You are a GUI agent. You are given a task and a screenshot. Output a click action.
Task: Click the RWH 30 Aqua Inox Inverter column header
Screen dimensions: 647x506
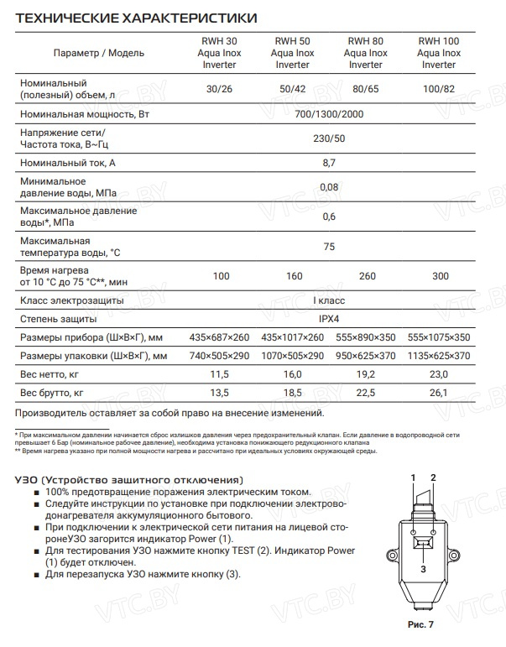[221, 52]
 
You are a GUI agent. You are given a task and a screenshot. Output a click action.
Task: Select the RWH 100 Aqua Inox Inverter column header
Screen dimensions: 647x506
[439, 52]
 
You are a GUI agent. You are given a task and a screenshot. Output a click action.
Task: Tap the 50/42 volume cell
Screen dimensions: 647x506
[292, 90]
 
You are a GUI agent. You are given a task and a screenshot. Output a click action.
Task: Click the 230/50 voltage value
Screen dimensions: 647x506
[330, 139]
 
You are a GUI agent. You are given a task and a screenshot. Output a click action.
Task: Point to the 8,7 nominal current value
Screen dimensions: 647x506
[330, 164]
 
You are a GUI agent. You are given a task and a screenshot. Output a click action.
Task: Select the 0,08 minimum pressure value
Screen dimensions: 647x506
[330, 187]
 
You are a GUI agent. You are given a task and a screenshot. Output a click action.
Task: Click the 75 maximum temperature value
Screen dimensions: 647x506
[330, 247]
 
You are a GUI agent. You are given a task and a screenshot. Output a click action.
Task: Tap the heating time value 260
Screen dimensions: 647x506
[365, 276]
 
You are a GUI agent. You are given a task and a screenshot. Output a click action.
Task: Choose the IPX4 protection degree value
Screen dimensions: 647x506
[330, 319]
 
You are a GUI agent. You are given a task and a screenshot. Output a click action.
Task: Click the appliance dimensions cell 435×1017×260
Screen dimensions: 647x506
[292, 337]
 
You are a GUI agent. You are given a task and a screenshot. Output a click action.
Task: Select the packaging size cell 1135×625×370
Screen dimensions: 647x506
[439, 356]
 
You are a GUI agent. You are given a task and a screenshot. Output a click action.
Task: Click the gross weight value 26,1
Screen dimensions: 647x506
[439, 392]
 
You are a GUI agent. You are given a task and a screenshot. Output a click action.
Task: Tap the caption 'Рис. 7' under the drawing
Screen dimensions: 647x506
[421, 625]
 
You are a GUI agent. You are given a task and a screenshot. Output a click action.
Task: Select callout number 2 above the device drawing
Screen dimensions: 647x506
[434, 478]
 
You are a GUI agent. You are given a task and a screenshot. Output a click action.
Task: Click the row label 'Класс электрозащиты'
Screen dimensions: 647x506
[71, 300]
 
